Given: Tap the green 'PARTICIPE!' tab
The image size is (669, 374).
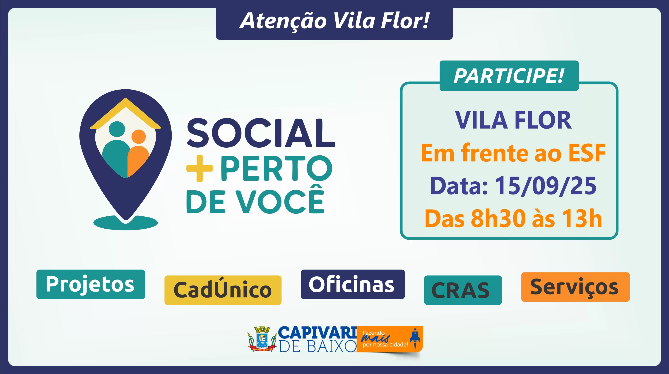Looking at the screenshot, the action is (509, 76).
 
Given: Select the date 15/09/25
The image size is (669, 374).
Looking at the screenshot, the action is (546, 186).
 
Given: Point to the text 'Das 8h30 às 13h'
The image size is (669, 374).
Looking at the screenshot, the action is (513, 218).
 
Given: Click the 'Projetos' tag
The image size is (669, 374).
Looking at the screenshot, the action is (91, 284).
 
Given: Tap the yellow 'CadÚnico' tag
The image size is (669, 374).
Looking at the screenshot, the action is (223, 290).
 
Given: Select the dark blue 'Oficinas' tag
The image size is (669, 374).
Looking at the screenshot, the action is (353, 284).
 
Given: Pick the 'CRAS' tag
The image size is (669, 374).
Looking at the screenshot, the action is (463, 290).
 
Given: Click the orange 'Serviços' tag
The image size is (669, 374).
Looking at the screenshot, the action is (575, 287).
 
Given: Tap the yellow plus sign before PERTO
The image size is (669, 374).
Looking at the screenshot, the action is (200, 169).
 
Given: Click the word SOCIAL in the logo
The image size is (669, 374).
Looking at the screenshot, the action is (261, 133).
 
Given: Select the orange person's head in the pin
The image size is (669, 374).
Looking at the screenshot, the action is (138, 137).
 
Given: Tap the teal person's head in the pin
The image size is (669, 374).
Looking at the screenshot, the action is (117, 129).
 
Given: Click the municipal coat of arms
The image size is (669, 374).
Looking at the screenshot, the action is (262, 339).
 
